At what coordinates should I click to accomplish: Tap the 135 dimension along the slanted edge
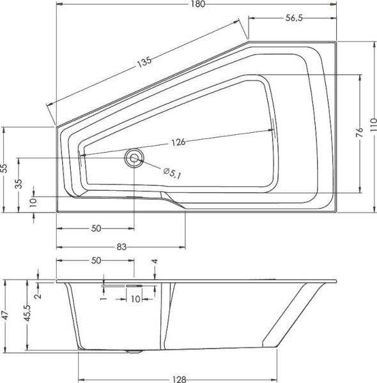point(144,63)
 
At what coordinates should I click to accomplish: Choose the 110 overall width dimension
point(373,127)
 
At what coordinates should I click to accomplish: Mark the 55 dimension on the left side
point(4,169)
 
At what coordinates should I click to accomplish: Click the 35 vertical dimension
point(19,184)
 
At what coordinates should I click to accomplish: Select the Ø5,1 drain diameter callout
point(172,172)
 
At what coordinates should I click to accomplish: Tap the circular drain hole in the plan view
point(135,158)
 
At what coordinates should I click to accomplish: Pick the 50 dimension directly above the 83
point(96,228)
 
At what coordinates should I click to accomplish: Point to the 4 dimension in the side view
point(154,262)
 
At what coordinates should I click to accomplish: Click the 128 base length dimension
point(178,379)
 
